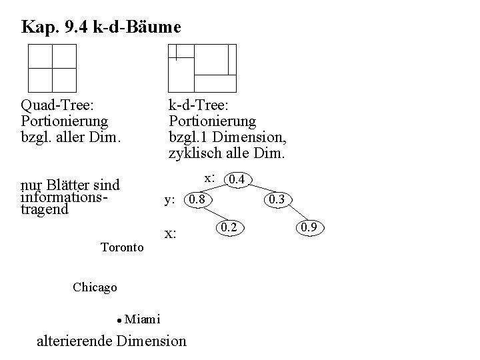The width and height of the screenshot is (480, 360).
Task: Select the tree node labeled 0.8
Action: (199, 199)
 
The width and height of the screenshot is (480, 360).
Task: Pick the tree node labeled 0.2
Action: (229, 228)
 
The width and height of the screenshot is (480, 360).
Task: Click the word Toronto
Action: (122, 247)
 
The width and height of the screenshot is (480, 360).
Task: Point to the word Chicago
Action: (95, 287)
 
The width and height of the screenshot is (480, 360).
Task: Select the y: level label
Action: (170, 199)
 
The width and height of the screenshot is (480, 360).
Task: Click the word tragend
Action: (45, 209)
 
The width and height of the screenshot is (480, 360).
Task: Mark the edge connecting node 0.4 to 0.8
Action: (218, 189)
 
